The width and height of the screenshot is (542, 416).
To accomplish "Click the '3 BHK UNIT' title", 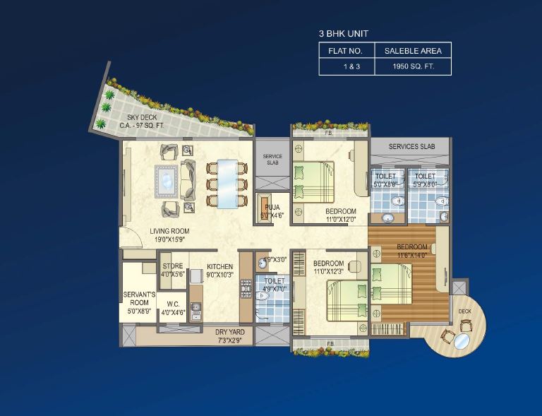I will pos(343,33).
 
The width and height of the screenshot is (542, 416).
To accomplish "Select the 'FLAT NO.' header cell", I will pos(345,51).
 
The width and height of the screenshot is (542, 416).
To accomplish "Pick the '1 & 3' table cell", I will pos(345,67).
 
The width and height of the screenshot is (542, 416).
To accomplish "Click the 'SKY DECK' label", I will pos(142,117).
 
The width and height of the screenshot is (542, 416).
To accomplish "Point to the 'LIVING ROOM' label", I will pos(169,231).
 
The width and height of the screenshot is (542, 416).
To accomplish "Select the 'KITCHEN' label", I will pos(220,267).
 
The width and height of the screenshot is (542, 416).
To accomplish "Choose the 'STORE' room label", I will pos(173,266).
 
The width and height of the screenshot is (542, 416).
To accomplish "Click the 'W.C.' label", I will pos(171,305).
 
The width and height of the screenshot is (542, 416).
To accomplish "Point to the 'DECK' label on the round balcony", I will pos(464,311).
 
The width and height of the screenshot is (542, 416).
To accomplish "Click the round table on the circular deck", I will pos(462,343).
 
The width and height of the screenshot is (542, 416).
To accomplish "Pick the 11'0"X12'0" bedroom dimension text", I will pos(341,220).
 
